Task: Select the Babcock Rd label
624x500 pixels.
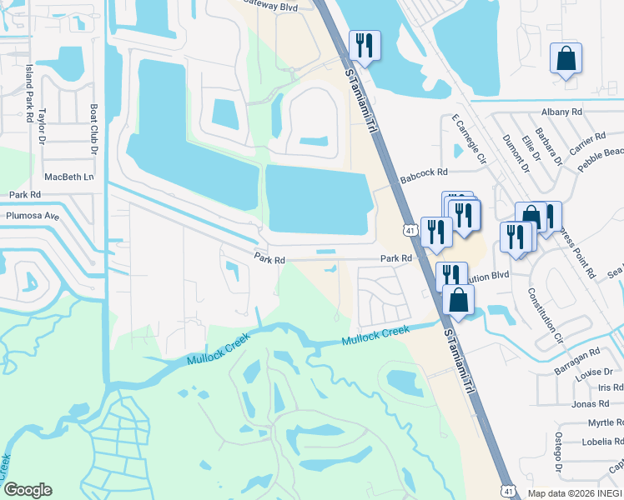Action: coord(424,172)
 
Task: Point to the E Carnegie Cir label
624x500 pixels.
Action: coord(468,139)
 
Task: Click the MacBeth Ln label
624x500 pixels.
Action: coord(68,177)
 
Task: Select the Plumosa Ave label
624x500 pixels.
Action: coord(33,216)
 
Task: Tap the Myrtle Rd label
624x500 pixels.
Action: coord(604,423)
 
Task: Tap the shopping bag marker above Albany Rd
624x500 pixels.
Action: coord(566,58)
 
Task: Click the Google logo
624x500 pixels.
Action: coord(28,490)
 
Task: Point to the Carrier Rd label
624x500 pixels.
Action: coord(588,142)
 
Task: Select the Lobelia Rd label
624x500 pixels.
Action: coord(601,442)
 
